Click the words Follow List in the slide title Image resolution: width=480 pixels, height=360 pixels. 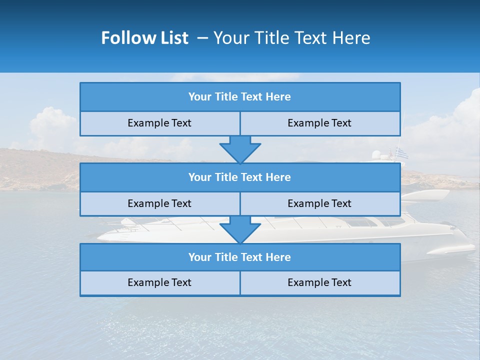coord(144,38)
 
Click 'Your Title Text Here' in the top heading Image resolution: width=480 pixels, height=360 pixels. coord(292,38)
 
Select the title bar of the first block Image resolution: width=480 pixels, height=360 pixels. coord(239,97)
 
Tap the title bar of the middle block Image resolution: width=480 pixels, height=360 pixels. coord(239,177)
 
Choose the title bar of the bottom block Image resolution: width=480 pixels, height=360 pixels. coord(239,257)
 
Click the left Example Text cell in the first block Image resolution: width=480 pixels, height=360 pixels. coord(159,123)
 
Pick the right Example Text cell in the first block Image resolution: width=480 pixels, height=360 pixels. coord(319,123)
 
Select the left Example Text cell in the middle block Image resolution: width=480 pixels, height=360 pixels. coord(159,203)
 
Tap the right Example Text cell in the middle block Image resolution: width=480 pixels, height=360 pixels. coord(319,203)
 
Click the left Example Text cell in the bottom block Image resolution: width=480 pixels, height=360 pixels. coord(159,282)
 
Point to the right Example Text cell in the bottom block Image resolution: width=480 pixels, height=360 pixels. coord(319,282)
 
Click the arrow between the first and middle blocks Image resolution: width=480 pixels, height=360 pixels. coord(240,149)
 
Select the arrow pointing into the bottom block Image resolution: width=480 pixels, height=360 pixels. coord(240,229)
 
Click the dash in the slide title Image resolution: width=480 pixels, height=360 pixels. coord(202,38)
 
